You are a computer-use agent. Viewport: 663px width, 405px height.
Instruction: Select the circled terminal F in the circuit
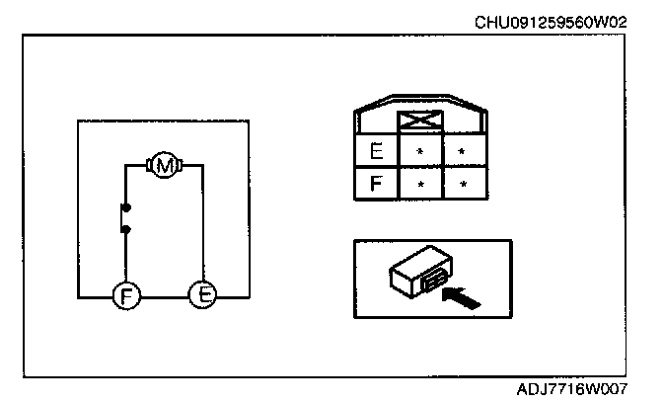coord(125,295)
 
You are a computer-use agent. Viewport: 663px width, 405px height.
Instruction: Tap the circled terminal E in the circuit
coord(202,294)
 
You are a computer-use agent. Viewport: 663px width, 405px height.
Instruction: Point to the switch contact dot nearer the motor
coord(125,208)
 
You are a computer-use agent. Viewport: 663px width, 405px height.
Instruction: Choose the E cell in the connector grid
coord(376,152)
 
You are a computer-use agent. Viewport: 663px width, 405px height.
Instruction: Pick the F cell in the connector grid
coord(376,184)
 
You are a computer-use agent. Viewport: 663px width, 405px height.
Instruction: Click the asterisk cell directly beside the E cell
coord(419,152)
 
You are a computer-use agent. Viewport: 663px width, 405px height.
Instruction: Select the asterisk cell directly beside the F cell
coord(419,184)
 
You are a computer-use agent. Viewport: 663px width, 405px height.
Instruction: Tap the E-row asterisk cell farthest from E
coord(462,152)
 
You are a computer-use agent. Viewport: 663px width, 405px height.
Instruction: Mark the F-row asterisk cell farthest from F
coord(462,184)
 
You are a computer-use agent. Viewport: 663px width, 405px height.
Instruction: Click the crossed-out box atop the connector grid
coord(419,122)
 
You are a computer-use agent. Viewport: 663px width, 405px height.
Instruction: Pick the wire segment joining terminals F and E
coord(164,295)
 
